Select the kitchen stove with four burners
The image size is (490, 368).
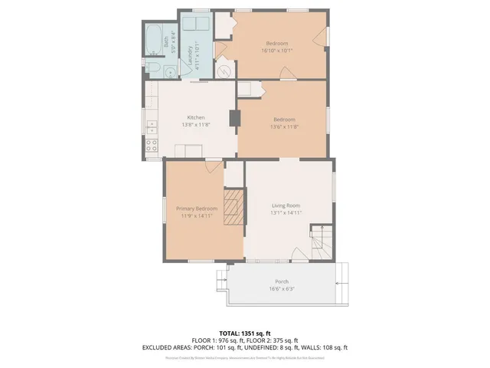click(152, 143)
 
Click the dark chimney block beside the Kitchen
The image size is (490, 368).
click(234, 118)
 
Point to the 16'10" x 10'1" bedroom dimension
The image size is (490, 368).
click(278, 51)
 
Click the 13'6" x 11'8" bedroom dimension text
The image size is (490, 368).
click(284, 127)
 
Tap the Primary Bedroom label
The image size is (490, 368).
click(196, 209)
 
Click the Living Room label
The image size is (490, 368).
click(286, 205)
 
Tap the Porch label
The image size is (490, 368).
click(281, 281)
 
